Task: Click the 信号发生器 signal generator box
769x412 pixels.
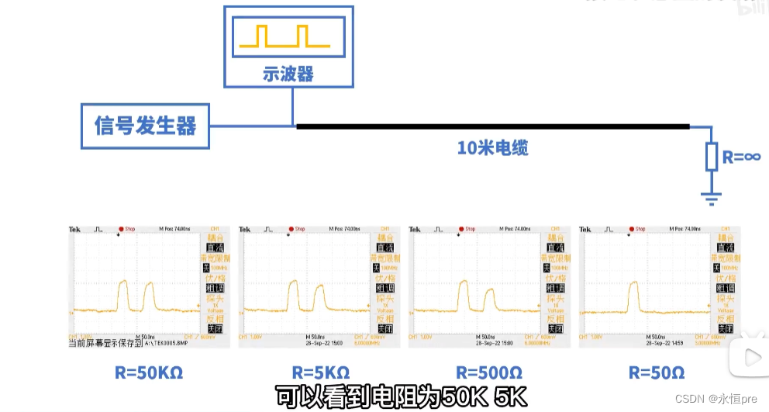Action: point(145,126)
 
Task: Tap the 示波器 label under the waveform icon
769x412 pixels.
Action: point(288,74)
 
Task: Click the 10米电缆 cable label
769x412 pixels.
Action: point(492,147)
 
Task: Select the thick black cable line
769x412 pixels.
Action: point(492,126)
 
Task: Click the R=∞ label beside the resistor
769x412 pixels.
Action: point(741,156)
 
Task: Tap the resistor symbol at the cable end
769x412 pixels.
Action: point(712,156)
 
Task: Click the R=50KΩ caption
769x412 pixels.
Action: point(149,372)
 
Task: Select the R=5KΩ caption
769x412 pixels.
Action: point(321,372)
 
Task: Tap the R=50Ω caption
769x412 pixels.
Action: point(657,372)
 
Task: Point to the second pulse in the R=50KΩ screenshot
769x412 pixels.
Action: point(147,298)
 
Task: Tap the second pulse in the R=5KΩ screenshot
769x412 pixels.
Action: point(318,299)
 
